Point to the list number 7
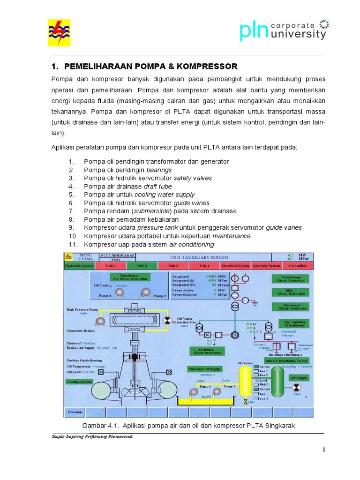tap(72, 211)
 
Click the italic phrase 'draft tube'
tap(158, 186)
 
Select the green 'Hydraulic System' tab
tap(79, 266)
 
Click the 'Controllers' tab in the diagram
tap(298, 266)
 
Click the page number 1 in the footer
tap(323, 450)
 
